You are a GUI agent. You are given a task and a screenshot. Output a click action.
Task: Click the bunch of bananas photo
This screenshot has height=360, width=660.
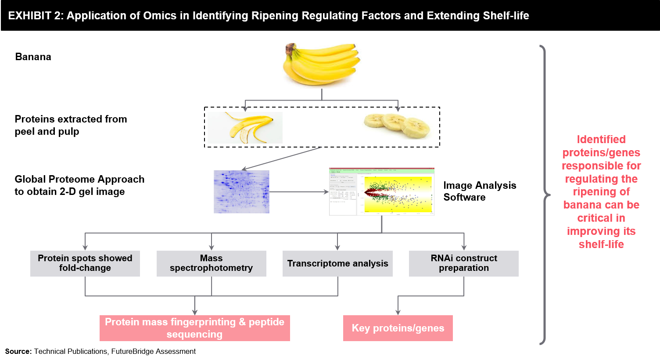tap(322, 65)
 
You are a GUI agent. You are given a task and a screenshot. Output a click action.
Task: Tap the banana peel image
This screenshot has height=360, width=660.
tap(245, 128)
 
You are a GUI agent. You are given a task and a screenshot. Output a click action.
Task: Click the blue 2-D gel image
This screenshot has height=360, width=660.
tap(241, 192)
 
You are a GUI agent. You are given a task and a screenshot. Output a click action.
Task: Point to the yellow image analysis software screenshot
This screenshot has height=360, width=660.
tap(382, 192)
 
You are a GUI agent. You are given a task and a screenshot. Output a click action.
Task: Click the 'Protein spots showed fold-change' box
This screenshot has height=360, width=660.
tap(85, 263)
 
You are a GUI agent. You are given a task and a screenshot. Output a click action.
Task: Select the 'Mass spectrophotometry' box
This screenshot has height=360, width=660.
tap(211, 263)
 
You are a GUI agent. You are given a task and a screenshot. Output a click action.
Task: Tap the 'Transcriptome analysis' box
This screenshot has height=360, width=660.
tap(337, 263)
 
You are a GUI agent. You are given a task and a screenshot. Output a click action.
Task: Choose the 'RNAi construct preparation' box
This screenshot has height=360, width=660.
tap(464, 263)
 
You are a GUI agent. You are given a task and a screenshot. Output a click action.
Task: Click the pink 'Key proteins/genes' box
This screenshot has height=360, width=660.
tap(398, 328)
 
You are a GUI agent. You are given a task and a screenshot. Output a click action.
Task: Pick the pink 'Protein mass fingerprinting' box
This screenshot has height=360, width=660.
tap(195, 328)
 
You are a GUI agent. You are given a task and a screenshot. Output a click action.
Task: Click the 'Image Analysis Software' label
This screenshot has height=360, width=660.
tap(480, 191)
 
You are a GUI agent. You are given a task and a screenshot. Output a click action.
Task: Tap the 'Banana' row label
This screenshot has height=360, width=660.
tap(33, 57)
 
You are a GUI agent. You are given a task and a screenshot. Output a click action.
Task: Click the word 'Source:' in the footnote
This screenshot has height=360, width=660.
tap(18, 352)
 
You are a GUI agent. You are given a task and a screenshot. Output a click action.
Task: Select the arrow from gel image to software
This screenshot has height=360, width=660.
tap(299, 192)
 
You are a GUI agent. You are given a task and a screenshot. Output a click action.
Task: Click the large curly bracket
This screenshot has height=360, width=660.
tap(545, 194)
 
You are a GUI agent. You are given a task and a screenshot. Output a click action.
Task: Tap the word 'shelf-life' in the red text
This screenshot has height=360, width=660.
tap(601, 244)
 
